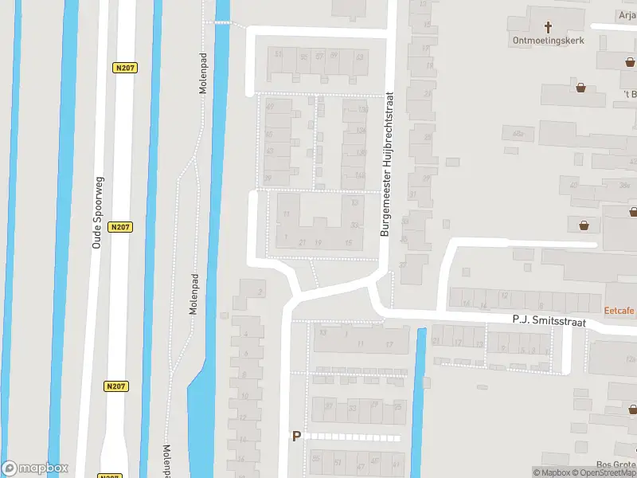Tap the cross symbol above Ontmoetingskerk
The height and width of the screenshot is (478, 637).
coord(549,25)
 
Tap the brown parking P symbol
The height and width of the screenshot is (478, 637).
coord(297,436)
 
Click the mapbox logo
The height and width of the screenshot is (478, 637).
coord(35,468)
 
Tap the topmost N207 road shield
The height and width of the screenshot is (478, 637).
coord(123,69)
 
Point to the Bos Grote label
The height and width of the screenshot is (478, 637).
coord(616,466)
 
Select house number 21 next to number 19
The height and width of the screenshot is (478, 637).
coord(302,242)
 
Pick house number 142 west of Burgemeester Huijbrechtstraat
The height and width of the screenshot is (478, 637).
coord(361,175)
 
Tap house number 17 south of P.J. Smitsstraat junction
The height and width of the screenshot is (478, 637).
coord(389,344)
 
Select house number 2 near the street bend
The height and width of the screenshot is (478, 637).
coord(260,292)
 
